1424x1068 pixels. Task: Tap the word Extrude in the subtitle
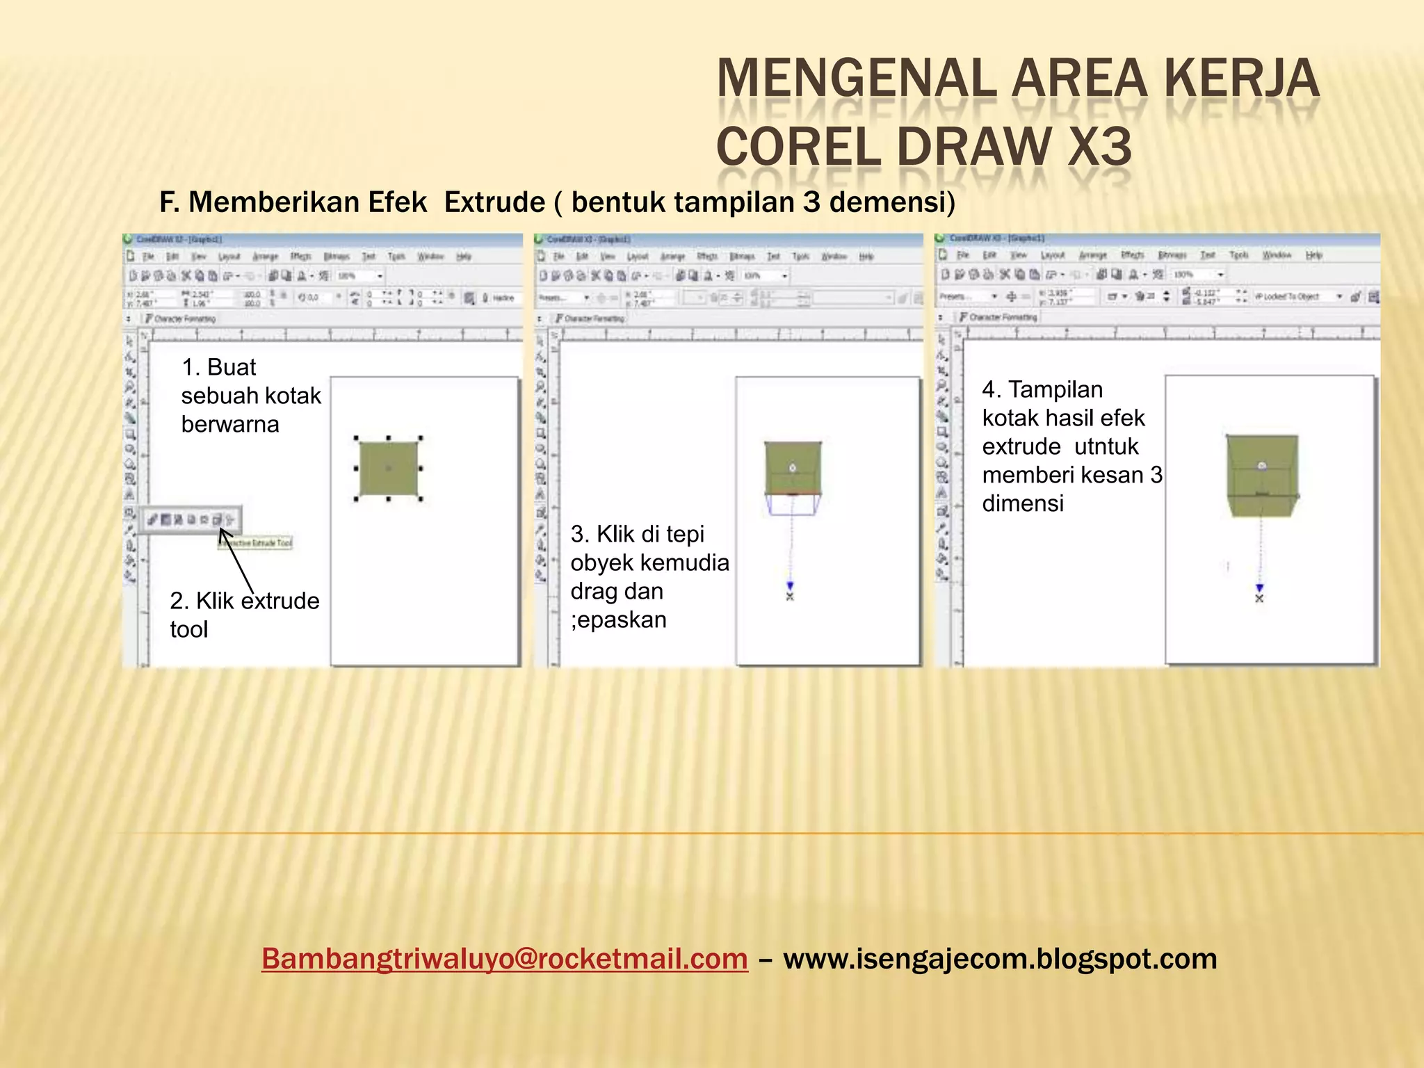494,202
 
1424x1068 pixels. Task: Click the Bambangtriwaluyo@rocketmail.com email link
504,959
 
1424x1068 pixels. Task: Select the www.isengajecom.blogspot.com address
999,959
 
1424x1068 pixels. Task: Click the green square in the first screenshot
388,468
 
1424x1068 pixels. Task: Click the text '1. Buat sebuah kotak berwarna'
250,396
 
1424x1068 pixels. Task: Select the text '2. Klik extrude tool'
243,615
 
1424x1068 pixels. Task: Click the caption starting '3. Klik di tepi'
649,576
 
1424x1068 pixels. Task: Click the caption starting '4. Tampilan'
1071,446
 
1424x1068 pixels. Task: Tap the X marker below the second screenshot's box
790,597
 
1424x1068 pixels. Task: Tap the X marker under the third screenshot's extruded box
1259,598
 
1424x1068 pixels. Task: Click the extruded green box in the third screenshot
1262,476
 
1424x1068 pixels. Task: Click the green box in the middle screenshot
793,467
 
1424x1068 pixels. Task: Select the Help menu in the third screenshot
1313,256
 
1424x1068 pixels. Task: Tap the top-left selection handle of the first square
356,439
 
